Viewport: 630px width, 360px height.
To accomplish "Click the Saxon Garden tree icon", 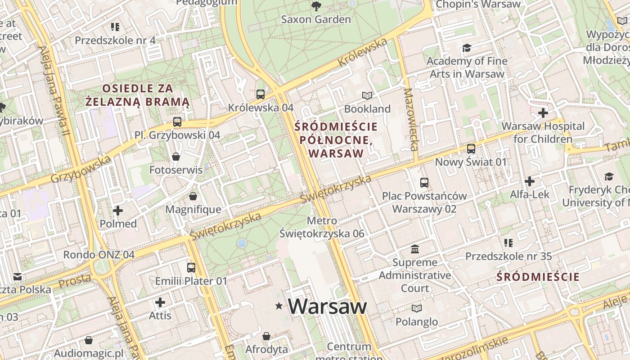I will click(x=316, y=6).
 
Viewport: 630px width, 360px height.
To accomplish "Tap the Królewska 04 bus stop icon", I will click(x=261, y=94).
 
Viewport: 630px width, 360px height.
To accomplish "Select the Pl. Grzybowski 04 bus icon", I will click(x=177, y=121).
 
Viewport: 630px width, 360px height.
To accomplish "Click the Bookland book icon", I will click(x=367, y=95).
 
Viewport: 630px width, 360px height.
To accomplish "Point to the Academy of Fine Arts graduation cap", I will click(x=467, y=48).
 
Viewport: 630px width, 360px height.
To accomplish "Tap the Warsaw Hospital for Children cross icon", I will click(x=543, y=112).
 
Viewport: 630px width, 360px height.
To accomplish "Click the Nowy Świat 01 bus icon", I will click(x=471, y=148).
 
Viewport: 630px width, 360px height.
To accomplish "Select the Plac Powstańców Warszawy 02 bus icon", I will click(x=424, y=182).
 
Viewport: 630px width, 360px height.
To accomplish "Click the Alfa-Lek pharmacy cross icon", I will click(x=530, y=181).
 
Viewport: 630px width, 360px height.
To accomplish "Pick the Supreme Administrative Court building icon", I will click(x=415, y=249).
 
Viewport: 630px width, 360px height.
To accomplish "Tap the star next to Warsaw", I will click(x=279, y=306).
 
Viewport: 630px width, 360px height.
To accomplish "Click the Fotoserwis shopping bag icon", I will click(x=176, y=157).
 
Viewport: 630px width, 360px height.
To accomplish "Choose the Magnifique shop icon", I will click(x=193, y=196).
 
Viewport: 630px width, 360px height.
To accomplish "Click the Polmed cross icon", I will click(x=118, y=210).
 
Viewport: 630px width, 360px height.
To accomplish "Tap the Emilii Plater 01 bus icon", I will click(x=191, y=267).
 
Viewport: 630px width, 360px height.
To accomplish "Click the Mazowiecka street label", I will click(x=411, y=119).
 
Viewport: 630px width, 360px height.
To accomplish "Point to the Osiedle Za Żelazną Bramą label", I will click(x=138, y=95).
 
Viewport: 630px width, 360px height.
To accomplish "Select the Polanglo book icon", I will click(x=417, y=308).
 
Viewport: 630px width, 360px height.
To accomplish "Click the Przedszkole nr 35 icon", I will click(x=508, y=243).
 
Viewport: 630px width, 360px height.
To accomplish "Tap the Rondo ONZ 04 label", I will click(x=99, y=255).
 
